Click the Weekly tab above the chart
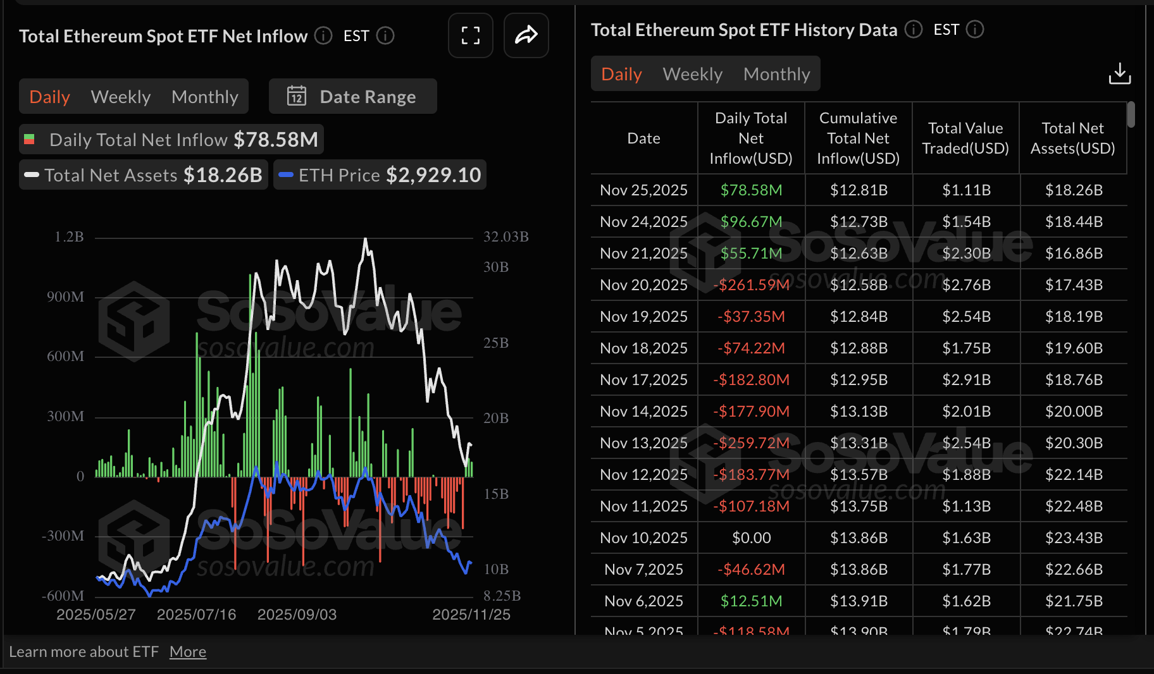pos(121,97)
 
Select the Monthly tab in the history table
pos(776,74)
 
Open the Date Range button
pos(352,97)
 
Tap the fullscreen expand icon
pos(470,35)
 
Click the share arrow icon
pos(526,35)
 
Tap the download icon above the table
pos(1119,73)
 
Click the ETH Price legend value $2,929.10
pos(433,175)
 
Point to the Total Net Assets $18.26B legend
pos(144,175)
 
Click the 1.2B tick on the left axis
pos(69,237)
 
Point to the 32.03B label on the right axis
pos(506,237)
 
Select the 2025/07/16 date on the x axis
pos(196,615)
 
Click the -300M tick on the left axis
pos(63,536)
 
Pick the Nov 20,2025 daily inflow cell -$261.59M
pos(751,285)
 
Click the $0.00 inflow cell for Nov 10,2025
pos(751,538)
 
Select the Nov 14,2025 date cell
pos(643,412)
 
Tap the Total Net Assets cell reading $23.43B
pos(1074,538)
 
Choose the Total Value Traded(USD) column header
pos(965,138)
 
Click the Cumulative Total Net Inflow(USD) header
pos(858,138)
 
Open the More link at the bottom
pos(188,652)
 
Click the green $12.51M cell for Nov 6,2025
pos(751,601)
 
